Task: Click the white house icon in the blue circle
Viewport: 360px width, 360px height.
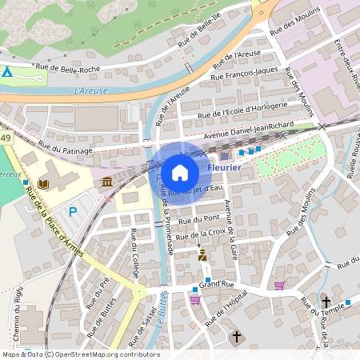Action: tap(180, 171)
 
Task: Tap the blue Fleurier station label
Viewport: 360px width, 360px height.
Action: tap(224, 168)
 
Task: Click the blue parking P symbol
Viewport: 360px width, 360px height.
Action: tap(73, 212)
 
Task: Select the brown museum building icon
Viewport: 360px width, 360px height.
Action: tap(106, 184)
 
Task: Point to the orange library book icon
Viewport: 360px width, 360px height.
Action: tap(43, 184)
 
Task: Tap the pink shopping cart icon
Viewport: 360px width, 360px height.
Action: tap(279, 285)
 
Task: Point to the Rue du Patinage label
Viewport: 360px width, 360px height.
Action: tap(66, 149)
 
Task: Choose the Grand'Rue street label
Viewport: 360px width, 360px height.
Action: tap(215, 283)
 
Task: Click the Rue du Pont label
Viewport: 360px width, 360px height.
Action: tap(199, 219)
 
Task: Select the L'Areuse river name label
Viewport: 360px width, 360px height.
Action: tap(90, 90)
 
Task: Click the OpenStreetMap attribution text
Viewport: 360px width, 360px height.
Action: tap(80, 354)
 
